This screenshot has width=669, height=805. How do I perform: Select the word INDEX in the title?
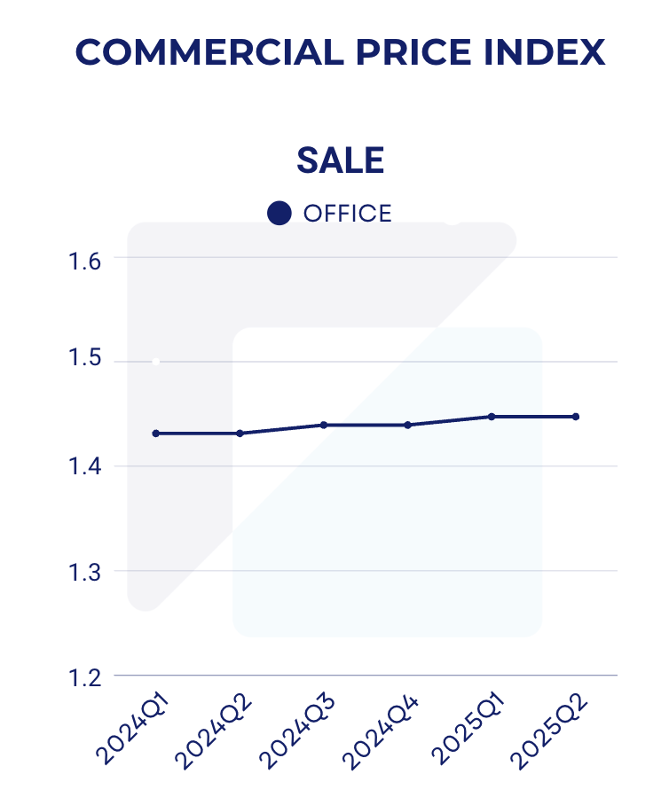click(542, 53)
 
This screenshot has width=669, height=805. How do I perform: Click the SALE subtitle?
click(340, 160)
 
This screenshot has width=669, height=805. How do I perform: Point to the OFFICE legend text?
click(347, 214)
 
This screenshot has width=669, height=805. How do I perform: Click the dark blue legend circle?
click(279, 214)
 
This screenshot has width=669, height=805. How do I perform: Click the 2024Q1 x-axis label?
click(133, 731)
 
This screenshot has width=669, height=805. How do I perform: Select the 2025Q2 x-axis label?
click(550, 731)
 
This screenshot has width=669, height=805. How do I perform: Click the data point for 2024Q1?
click(156, 434)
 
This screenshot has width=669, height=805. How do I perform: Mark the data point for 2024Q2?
click(240, 434)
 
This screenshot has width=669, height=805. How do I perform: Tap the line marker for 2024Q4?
click(408, 425)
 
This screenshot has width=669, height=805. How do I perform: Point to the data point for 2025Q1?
click(492, 417)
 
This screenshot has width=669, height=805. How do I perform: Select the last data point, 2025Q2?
click(576, 417)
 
